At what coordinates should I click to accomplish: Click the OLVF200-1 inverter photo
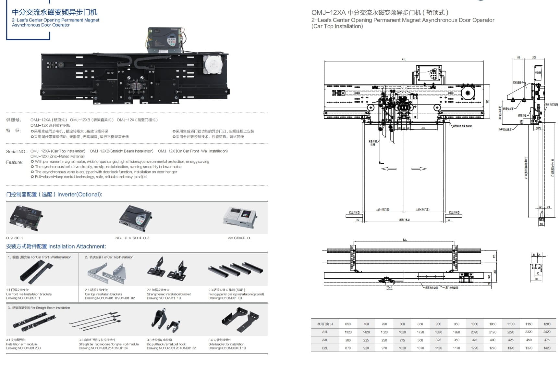pos(26,217)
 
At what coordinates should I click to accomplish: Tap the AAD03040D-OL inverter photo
pos(240,216)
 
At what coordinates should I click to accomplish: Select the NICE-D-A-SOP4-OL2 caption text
pos(132,238)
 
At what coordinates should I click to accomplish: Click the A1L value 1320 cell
pos(348,332)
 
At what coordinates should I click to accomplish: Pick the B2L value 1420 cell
pos(547,348)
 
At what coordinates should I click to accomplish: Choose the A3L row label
pos(325,340)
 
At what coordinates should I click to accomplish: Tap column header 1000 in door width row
pos(474,324)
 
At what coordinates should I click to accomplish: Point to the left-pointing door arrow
pos(388,169)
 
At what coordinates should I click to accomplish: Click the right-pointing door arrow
pos(419,169)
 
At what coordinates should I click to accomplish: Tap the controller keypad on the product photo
pos(171,41)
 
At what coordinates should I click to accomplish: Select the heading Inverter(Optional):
pos(79,195)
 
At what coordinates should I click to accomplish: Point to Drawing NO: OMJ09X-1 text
pos(23,298)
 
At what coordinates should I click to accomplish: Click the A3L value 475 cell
pos(547,340)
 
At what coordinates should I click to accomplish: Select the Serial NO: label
pos(16,152)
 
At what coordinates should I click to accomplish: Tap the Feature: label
pos(14,162)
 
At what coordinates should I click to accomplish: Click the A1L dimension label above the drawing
pos(404,59)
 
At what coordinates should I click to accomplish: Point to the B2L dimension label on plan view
pos(404,240)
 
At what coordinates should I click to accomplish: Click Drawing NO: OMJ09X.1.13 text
pos(227,348)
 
